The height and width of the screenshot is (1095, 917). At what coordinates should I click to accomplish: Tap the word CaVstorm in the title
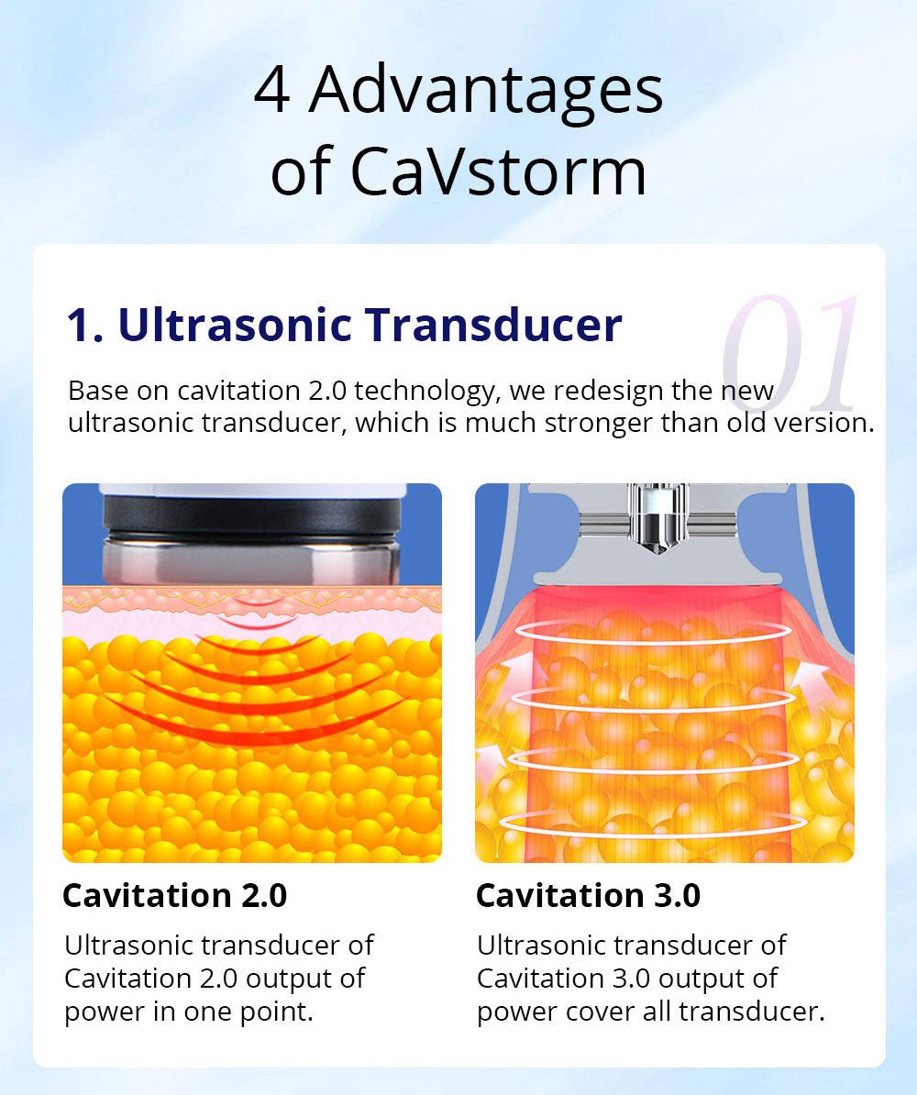coord(500,171)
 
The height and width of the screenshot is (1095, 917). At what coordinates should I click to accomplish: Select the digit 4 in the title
coord(271,92)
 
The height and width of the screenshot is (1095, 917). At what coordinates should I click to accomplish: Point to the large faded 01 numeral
coord(790,353)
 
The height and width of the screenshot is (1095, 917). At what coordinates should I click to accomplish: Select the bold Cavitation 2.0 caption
coord(174,895)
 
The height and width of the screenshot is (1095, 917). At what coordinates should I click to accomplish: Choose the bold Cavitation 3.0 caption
coord(588,895)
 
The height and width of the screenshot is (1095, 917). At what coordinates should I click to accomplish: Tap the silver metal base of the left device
coord(251,561)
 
